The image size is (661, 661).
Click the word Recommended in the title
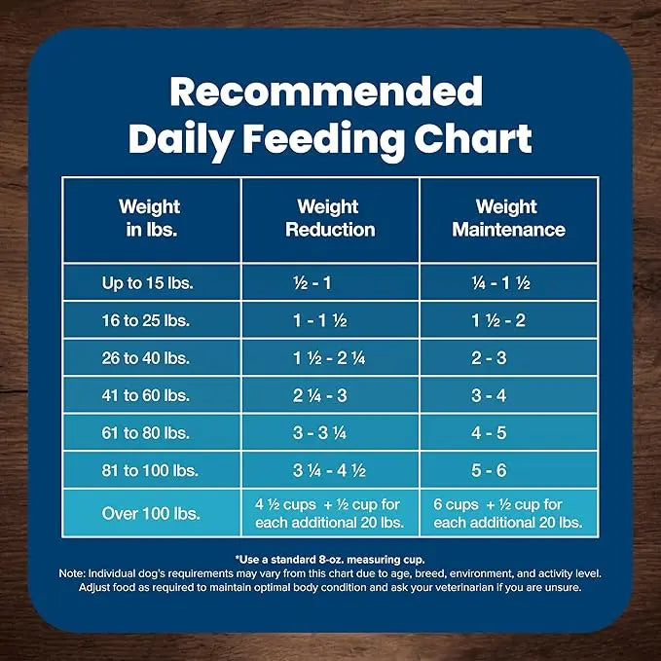tap(325, 92)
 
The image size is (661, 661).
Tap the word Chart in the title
tap(470, 138)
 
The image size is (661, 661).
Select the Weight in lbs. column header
tap(149, 218)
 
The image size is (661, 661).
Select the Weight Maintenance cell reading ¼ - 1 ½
tap(501, 283)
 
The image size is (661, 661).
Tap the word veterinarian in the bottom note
tap(475, 588)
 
